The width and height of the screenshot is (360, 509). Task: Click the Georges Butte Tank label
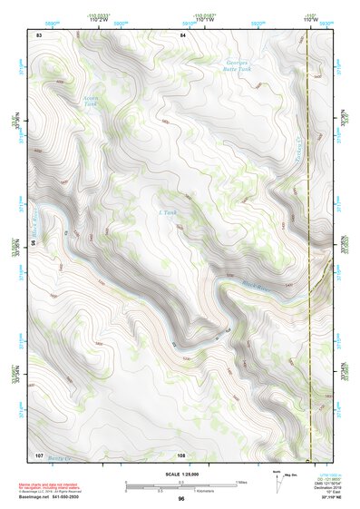pyautogui.click(x=238, y=64)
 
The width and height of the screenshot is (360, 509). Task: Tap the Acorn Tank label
pyautogui.click(x=90, y=101)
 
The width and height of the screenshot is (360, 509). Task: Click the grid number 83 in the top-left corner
pyautogui.click(x=39, y=34)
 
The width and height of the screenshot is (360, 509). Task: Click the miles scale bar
pyautogui.click(x=180, y=484)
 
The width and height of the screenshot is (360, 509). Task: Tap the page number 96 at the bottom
pyautogui.click(x=181, y=499)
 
